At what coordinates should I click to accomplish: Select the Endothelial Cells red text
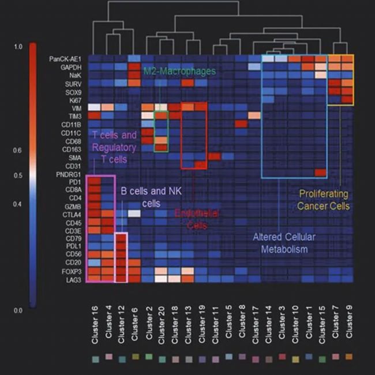point(197,219)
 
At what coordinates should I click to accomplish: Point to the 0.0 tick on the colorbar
point(18,310)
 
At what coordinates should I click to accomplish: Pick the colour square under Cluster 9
point(348,357)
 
